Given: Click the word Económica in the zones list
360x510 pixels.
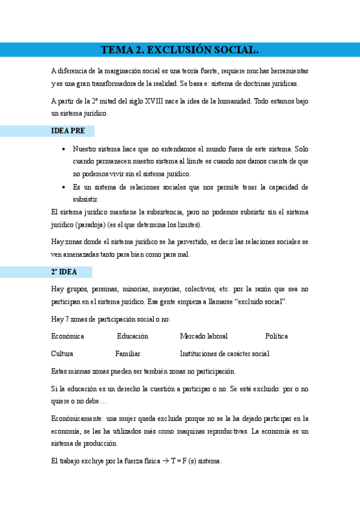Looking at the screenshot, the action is pos(67,336).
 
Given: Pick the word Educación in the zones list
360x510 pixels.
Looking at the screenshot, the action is pos(132,336).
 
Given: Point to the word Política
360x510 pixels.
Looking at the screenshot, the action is pos(276,336).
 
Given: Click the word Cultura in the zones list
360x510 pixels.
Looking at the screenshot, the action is pos(62,354).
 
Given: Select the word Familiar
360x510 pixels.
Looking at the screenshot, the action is pos(127,354).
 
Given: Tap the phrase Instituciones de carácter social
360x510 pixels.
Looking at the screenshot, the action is pos(224,354).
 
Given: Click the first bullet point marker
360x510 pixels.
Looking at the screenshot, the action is pos(64,149).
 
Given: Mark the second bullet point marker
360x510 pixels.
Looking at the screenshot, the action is pos(64,187).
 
